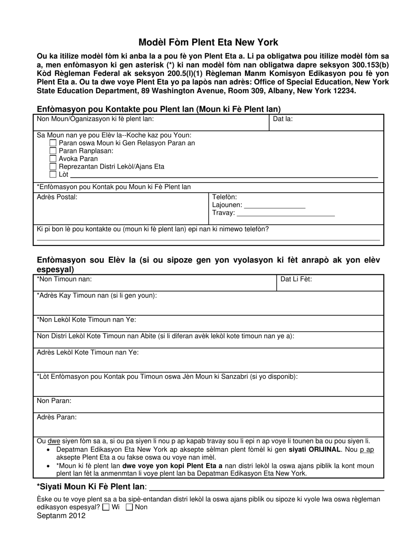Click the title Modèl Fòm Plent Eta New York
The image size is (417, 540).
[x=208, y=42]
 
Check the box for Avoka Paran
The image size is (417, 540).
[x=53, y=159]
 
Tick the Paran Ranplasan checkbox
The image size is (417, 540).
[x=53, y=151]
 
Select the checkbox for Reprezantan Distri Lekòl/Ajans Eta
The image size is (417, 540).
[x=53, y=167]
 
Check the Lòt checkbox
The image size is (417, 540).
[x=53, y=175]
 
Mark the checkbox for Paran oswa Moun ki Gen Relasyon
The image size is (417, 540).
[x=53, y=143]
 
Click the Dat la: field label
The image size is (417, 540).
[x=283, y=119]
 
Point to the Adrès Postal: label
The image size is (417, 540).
[x=57, y=197]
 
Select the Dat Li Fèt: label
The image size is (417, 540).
[x=296, y=279]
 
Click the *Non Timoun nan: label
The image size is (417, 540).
[x=65, y=279]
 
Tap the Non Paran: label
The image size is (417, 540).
[x=54, y=401]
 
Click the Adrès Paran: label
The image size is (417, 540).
[x=57, y=417]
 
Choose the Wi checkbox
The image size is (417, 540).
[x=106, y=508]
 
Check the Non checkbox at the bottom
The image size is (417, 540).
[x=129, y=508]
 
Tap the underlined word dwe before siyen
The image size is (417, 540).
[x=54, y=441]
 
